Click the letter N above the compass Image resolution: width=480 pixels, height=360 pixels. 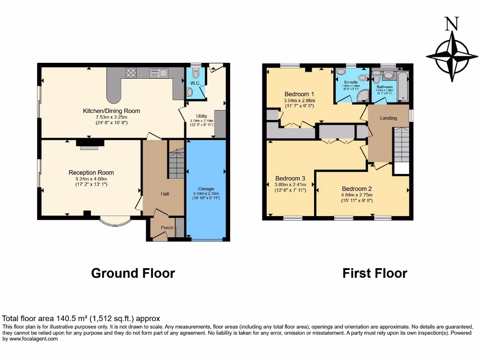coord(451,24)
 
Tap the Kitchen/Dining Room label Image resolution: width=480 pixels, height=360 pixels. coord(112,111)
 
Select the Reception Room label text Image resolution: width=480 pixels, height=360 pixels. coord(91,172)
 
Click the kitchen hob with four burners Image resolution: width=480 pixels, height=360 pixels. coord(131,73)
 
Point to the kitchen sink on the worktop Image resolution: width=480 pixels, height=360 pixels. coord(159,73)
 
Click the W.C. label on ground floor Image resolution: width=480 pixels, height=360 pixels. coord(195,83)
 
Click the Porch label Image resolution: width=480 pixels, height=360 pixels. coord(167,228)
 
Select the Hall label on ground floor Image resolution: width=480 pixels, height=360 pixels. coord(165,194)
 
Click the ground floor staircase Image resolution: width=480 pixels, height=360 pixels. coord(176,164)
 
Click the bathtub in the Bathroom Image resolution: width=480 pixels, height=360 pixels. coord(403,86)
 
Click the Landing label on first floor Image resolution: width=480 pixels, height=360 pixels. coord(388,118)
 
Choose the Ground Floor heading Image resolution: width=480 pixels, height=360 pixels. coord(133,273)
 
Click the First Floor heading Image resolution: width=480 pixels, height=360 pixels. coord(375,273)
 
